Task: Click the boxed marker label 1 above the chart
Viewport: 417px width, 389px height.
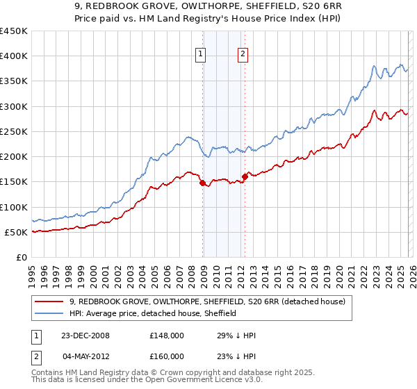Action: (200, 55)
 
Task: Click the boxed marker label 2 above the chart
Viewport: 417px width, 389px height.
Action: (243, 55)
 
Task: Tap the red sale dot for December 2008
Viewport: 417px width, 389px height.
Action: (202, 183)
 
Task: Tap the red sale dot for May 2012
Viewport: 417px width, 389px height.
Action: (245, 177)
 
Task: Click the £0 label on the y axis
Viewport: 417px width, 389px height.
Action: (22, 257)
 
